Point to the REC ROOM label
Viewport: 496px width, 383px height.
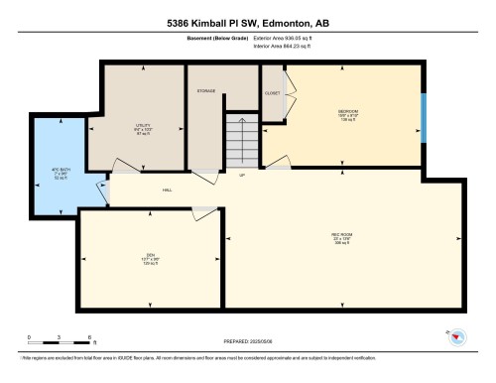pyautogui.click(x=341, y=235)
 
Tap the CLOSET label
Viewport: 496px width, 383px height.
pyautogui.click(x=273, y=92)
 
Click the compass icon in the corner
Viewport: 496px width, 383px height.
pyautogui.click(x=459, y=336)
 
